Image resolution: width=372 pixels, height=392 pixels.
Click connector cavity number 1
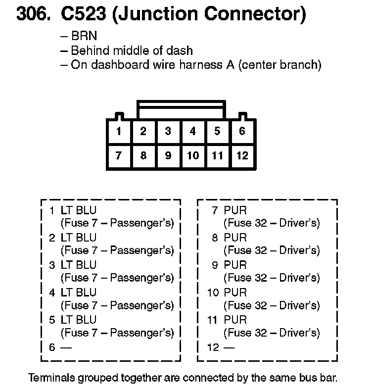click(119, 132)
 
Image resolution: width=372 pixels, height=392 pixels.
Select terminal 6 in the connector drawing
click(242, 132)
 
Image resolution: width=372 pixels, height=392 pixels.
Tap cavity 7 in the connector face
click(119, 155)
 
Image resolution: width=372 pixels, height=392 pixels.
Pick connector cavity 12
click(242, 155)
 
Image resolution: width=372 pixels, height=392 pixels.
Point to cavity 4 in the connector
click(192, 132)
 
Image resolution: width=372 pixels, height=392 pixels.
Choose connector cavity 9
click(168, 155)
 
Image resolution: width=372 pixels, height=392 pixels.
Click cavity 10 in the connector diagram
click(192, 155)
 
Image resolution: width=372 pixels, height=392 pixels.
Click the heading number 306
click(34, 14)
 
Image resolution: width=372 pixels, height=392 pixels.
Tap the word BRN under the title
click(84, 36)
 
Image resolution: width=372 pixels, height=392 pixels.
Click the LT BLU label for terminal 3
click(79, 265)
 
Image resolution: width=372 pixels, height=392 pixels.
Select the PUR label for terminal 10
click(235, 293)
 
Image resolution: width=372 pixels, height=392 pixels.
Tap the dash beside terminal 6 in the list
click(66, 347)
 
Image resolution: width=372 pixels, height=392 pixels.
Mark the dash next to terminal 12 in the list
click(229, 347)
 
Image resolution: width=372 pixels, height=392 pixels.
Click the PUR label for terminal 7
click(235, 211)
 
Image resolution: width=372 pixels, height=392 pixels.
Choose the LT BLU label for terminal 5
click(79, 320)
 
